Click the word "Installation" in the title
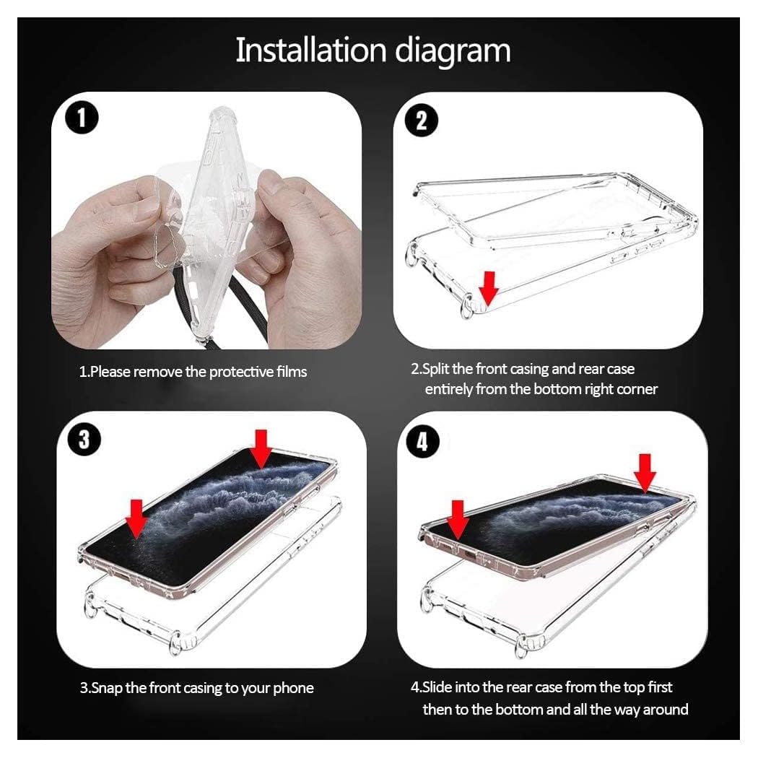[311, 51]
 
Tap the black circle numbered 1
[81, 118]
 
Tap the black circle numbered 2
[422, 121]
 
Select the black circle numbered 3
[84, 440]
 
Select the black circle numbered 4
[423, 442]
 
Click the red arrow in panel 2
[489, 288]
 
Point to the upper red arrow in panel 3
[261, 449]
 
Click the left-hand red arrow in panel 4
[457, 520]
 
